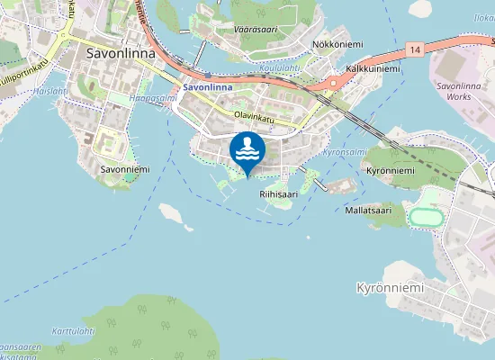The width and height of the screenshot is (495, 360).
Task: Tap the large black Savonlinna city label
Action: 120,53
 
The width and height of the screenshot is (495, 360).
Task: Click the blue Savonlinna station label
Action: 207,87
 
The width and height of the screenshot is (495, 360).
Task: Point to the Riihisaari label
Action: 278,193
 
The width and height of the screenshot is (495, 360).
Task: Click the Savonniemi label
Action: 124,169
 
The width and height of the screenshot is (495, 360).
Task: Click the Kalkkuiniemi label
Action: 372,68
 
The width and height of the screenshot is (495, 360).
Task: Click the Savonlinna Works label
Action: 462,91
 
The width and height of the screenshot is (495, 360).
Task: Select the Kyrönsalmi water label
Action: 344,153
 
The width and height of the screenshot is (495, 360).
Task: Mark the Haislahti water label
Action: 52,90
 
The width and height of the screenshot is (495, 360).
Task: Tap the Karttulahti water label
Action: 73,331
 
